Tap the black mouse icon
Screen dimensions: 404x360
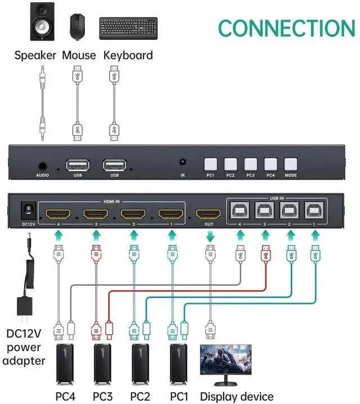coord(78,26)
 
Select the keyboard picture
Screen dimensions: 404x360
coord(128,28)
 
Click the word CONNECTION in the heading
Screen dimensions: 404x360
coord(286,28)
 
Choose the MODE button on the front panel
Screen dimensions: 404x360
coord(291,164)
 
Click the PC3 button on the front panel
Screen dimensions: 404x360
coord(250,164)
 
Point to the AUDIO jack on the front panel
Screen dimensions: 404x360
coord(43,166)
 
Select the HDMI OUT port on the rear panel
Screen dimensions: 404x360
coord(208,214)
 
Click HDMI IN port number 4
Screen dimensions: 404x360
coord(58,214)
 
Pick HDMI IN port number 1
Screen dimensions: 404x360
coord(171,214)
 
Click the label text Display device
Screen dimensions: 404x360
coord(237,396)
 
